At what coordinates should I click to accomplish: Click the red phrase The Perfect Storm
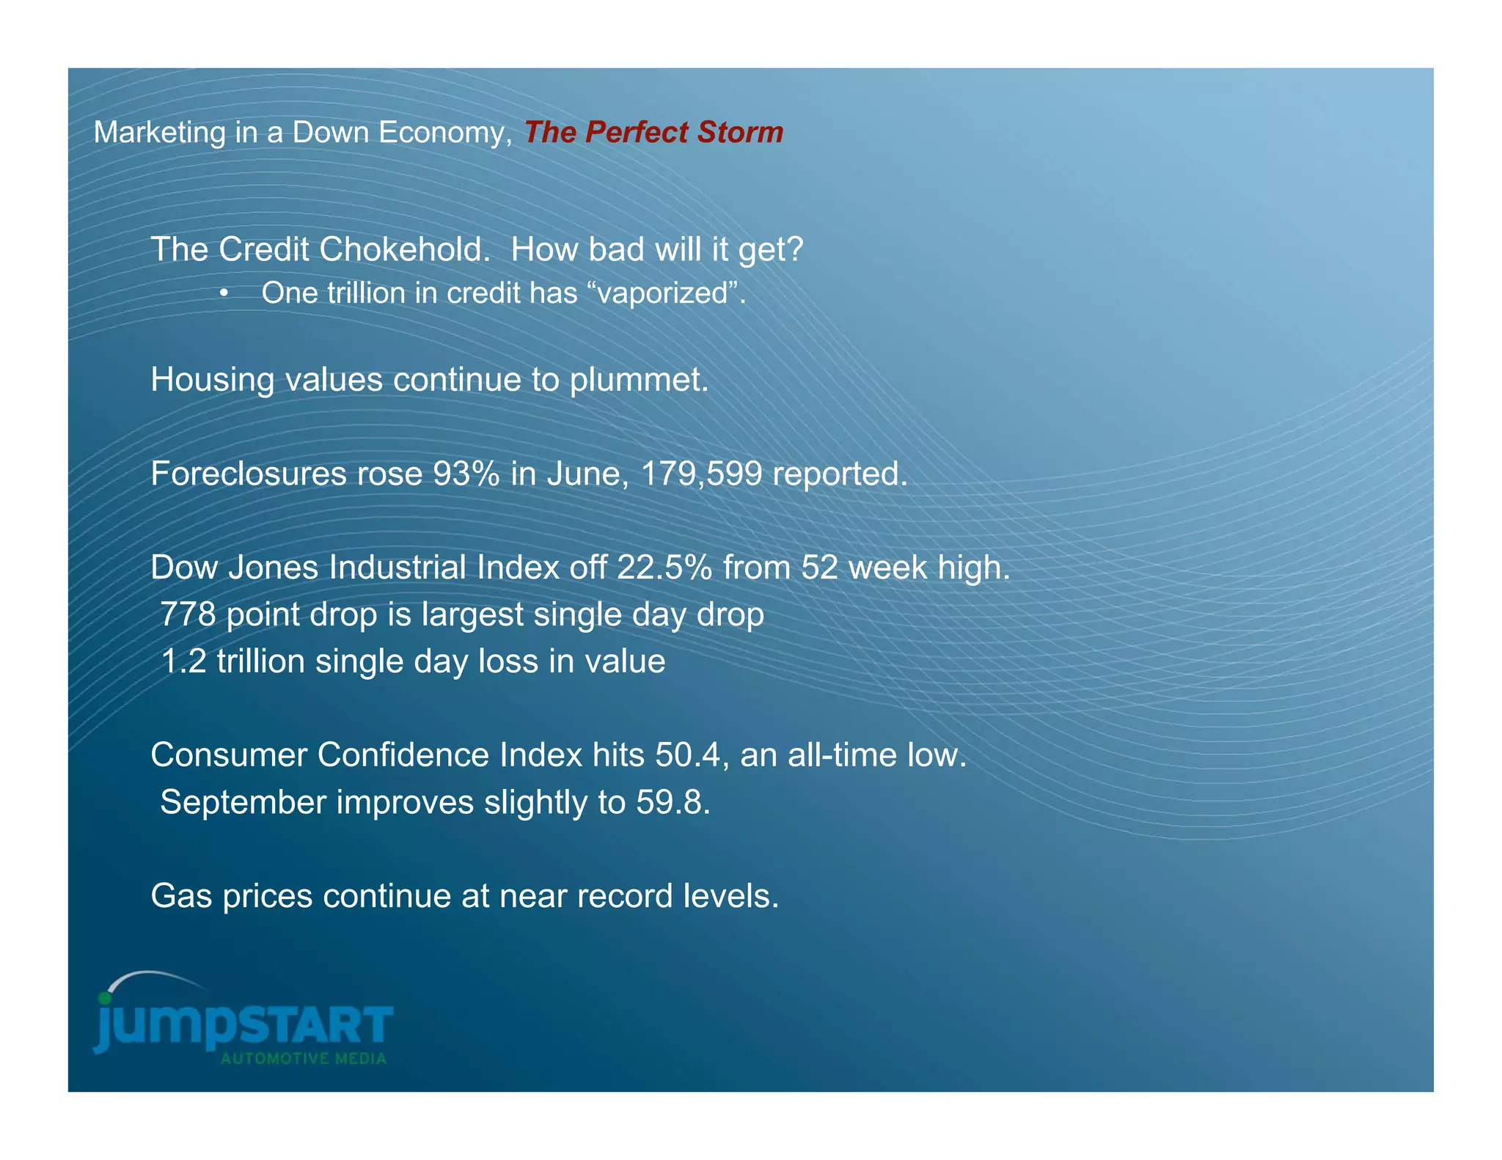pos(653,133)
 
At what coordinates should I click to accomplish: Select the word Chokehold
pos(405,249)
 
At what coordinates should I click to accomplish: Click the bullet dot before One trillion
pos(224,293)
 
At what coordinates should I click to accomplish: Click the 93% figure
pos(466,474)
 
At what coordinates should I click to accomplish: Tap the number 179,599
pos(702,474)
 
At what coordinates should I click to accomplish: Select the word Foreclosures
pos(248,474)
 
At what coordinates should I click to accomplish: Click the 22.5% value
pos(664,568)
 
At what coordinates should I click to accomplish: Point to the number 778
pos(188,614)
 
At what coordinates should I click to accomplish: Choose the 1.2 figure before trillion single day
pos(183,661)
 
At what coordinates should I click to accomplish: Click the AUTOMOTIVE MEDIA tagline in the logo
pos(304,1059)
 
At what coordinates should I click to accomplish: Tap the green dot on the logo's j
pos(105,999)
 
